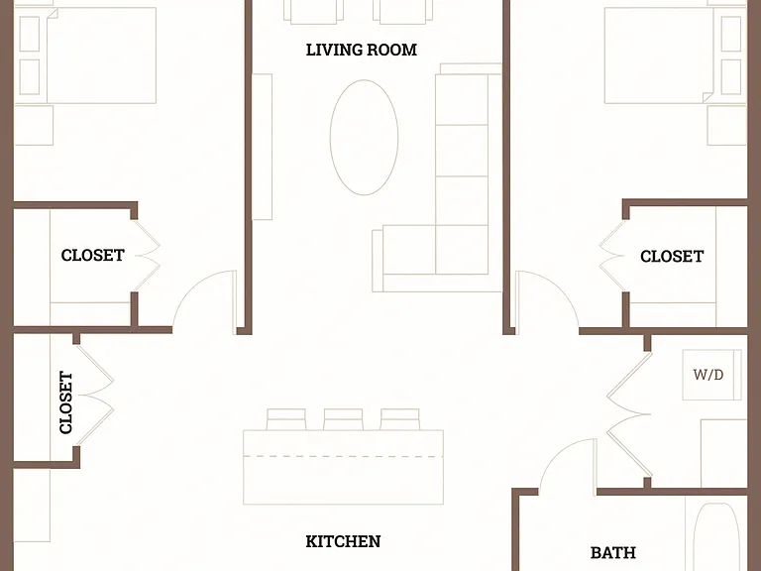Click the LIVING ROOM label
click(x=362, y=50)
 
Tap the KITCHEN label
click(x=343, y=541)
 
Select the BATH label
click(x=613, y=552)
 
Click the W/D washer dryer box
click(x=712, y=375)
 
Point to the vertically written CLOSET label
click(x=66, y=402)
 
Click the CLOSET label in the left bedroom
click(x=93, y=255)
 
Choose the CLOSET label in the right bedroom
click(x=672, y=256)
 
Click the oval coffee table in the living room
click(x=364, y=138)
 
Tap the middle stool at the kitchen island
click(x=343, y=419)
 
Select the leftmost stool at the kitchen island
click(x=286, y=419)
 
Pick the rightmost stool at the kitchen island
click(x=400, y=419)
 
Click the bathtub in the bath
click(x=716, y=536)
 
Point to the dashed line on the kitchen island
click(x=343, y=456)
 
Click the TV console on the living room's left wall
click(x=262, y=147)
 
